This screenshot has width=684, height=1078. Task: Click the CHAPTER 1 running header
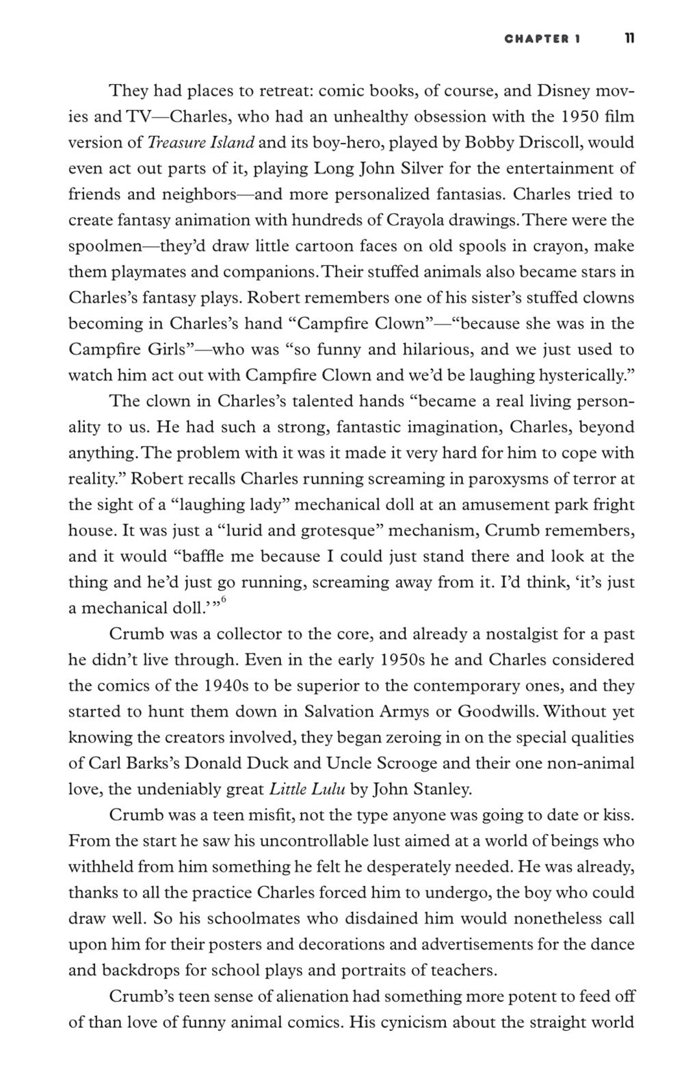click(542, 39)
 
